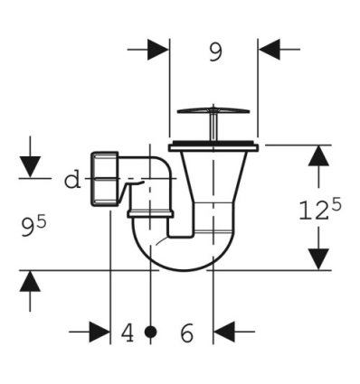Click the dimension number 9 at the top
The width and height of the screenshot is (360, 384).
[x=214, y=52]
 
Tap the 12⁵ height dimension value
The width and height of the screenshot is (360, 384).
[x=319, y=210]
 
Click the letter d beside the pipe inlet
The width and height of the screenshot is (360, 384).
[x=71, y=180]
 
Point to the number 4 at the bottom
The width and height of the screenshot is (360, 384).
[x=128, y=333]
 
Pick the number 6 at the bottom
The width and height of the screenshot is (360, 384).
[x=186, y=333]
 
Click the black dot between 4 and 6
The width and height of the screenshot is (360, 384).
[x=150, y=333]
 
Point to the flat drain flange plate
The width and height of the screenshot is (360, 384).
[x=214, y=145]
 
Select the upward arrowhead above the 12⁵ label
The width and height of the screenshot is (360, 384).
[x=317, y=156]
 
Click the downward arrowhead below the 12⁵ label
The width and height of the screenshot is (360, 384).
[x=317, y=257]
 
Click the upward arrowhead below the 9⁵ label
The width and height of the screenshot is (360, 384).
[x=31, y=282]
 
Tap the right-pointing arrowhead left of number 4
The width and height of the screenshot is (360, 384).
[x=99, y=333]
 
